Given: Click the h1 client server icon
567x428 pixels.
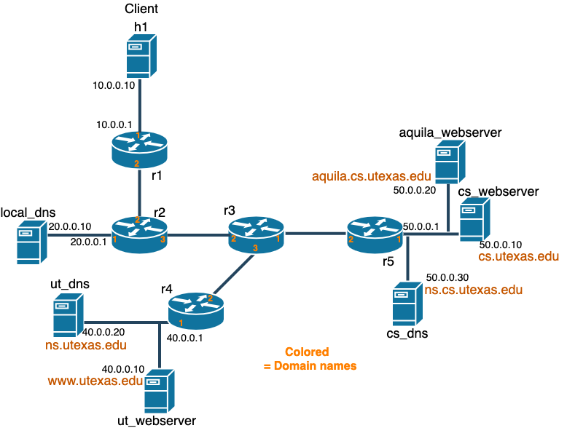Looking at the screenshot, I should (x=138, y=58).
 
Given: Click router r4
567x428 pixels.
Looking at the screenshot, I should (x=195, y=309).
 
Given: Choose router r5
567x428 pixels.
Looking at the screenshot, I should (x=375, y=234).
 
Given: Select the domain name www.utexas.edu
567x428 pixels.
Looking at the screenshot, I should (x=95, y=381).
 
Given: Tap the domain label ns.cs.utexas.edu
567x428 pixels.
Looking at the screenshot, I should (x=474, y=290).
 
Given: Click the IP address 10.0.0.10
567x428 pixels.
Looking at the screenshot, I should (x=114, y=85).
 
